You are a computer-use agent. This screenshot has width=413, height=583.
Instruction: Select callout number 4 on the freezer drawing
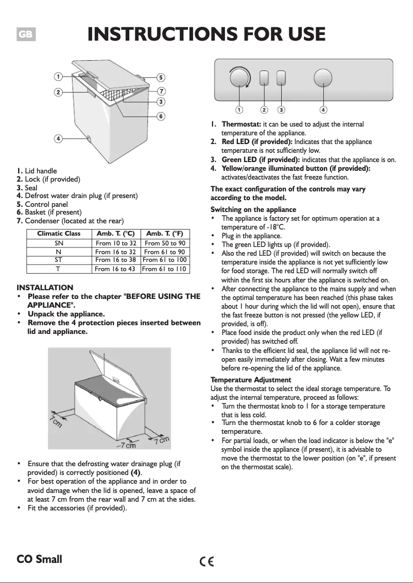59,138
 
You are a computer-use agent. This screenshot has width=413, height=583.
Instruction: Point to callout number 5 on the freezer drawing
161,78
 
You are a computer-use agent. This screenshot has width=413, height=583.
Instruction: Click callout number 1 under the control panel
239,109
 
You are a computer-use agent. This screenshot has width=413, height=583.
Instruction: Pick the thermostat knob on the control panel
239,79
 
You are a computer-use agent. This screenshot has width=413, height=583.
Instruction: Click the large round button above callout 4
323,78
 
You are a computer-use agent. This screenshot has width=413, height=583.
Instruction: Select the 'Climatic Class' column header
59,234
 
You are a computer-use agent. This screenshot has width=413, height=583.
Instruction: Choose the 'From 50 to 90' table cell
165,243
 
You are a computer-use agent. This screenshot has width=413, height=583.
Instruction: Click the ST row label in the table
59,260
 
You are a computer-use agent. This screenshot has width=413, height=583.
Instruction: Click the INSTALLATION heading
45,287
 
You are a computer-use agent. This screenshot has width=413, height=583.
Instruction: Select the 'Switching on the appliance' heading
253,209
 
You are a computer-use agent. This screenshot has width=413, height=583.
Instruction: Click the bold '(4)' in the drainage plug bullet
135,472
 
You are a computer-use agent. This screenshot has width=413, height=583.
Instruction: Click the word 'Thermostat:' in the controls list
241,124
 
